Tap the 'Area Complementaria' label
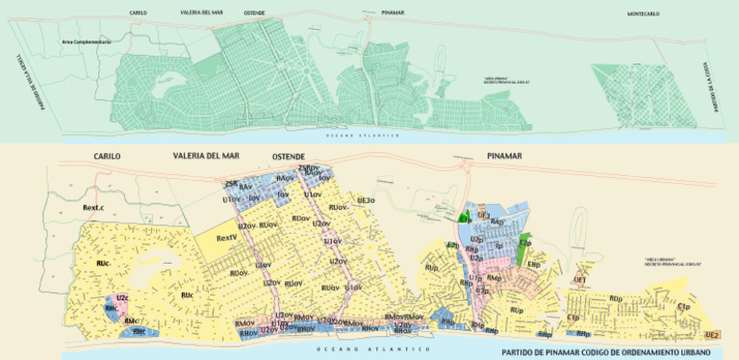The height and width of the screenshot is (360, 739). tap(87, 42)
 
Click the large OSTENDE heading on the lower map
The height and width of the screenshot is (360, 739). tap(289, 156)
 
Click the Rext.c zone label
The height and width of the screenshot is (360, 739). tap(93, 207)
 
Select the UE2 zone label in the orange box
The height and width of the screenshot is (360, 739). tap(712, 334)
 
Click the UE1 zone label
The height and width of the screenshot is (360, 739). tap(580, 279)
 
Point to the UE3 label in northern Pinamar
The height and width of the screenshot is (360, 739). tap(484, 215)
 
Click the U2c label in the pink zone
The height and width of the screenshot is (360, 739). tap(122, 298)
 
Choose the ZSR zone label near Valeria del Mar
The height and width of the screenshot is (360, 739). tap(231, 183)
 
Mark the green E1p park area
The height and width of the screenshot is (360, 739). tap(524, 245)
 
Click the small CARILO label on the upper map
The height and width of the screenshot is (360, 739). tap(139, 13)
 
